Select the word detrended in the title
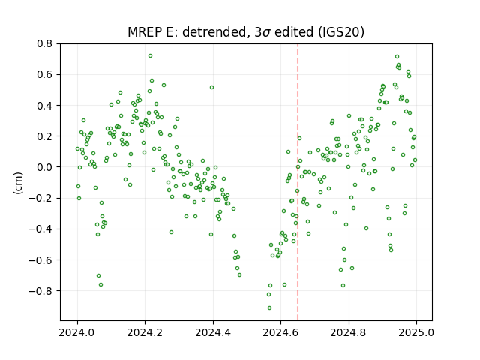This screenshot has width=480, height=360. point(214,32)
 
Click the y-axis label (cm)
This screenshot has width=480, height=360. point(18,183)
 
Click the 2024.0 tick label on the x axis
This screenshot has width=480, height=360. point(77,332)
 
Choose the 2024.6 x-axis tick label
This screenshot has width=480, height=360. point(280,332)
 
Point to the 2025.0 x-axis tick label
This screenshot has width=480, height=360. point(416,332)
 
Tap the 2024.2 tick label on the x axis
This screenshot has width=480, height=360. point(145,332)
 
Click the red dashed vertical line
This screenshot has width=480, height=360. point(298,182)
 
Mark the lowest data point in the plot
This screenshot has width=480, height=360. point(269,308)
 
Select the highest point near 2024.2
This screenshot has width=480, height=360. point(150,56)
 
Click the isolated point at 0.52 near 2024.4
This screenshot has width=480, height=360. point(211,88)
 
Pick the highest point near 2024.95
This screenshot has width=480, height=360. point(397,57)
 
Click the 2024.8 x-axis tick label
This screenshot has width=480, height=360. point(348,332)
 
